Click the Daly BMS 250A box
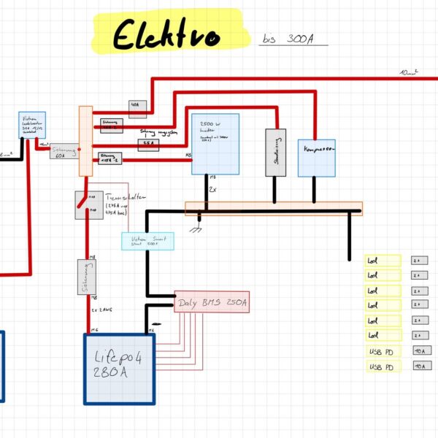click(212, 302)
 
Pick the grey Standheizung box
click(274, 152)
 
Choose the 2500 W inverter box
click(215, 144)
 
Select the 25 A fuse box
click(148, 142)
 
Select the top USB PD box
click(383, 351)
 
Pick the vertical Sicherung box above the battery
click(85, 278)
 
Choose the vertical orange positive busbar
click(85, 140)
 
